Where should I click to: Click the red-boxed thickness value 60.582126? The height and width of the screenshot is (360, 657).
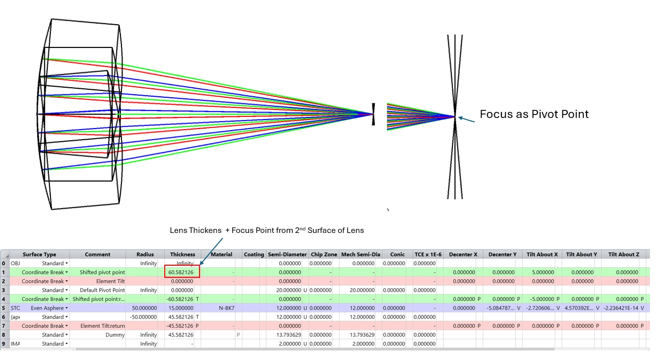coord(181,272)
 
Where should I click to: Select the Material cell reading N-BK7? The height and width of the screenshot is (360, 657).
coord(226,308)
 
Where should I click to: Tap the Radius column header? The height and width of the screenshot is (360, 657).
coord(145,255)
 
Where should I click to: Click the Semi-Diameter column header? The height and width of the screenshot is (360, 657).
coord(287,255)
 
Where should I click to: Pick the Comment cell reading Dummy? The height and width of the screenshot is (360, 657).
coord(115,335)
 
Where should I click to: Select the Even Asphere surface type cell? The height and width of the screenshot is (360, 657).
coord(47,308)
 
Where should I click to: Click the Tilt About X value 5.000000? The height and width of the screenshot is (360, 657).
coord(543,272)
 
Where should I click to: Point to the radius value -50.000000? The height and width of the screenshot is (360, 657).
coord(143,317)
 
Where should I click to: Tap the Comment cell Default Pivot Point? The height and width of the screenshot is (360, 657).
coord(102,290)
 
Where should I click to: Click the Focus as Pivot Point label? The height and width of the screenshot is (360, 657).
coord(534,114)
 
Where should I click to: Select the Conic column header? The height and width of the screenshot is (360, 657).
coord(397,255)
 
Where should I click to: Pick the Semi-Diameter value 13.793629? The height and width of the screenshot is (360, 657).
coord(289,335)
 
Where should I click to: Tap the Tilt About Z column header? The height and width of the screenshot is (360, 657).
coord(623,255)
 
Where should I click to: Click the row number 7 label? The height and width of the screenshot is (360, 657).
coord(4,326)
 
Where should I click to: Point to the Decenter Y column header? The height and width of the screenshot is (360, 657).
coord(502,255)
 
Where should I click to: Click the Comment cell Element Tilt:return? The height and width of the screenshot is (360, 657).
coord(103,326)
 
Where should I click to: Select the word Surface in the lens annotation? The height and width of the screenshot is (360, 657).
coord(320,230)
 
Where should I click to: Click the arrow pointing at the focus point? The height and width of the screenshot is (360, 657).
coord(467,119)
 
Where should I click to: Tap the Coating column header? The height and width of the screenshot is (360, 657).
coord(254,255)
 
